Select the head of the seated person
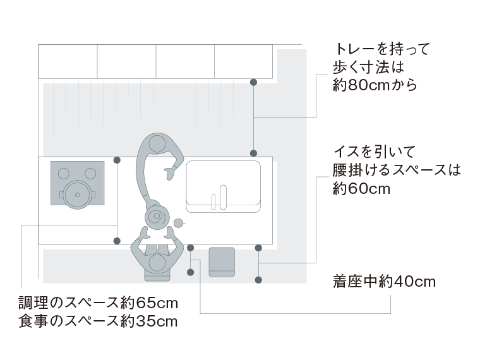pyautogui.click(x=158, y=261)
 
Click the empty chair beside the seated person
pyautogui.click(x=222, y=261)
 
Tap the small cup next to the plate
pyautogui.click(x=179, y=222)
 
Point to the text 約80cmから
pyautogui.click(x=375, y=84)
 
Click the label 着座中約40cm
pyautogui.click(x=384, y=282)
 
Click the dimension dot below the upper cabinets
pyautogui.click(x=254, y=82)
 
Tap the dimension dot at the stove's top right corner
pyautogui.click(x=117, y=160)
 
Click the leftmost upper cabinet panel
pyautogui.click(x=68, y=61)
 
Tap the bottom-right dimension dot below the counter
pyautogui.click(x=258, y=279)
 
